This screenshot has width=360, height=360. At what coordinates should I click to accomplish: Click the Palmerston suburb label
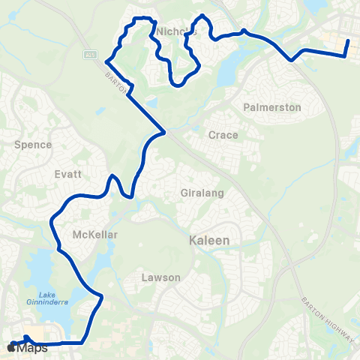[x=272, y=107]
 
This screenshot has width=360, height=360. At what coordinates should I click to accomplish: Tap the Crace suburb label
[x=223, y=135]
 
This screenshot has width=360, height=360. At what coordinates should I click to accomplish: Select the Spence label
[x=33, y=144]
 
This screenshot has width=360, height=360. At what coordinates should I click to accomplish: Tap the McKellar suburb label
[x=95, y=235]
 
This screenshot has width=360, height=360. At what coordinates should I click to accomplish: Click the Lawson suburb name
[x=161, y=277]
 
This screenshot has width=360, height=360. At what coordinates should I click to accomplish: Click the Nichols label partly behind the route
[x=178, y=31]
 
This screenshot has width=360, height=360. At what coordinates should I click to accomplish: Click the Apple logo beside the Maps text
[x=11, y=348]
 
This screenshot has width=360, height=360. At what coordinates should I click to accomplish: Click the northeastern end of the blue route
[x=348, y=41]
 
